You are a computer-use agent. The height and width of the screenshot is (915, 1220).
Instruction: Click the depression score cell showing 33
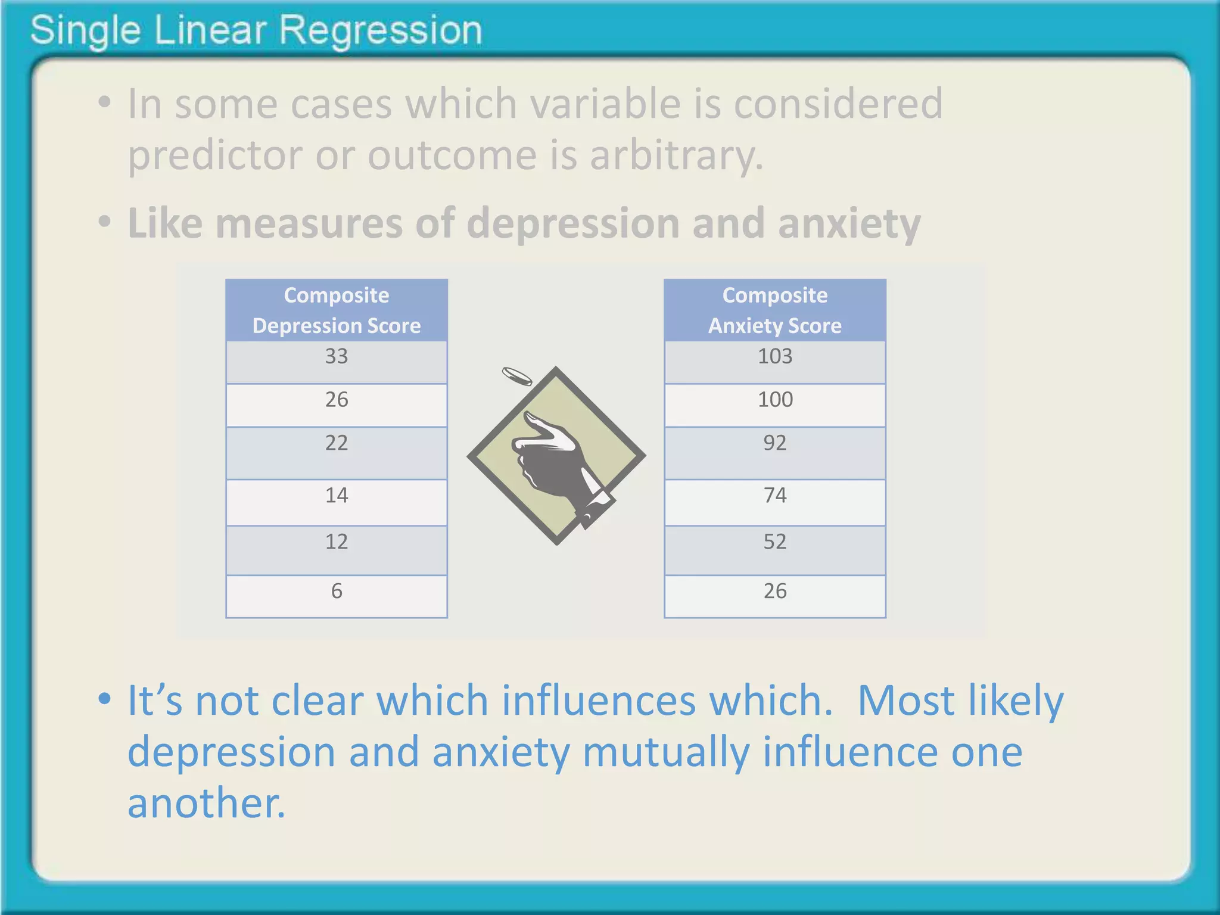(337, 362)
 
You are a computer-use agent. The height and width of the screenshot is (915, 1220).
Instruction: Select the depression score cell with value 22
(337, 452)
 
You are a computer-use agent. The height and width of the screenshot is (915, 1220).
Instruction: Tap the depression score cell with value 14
(337, 502)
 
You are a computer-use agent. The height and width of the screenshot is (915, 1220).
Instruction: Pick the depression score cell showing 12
(337, 549)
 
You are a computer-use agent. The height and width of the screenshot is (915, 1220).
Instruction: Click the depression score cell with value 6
(337, 596)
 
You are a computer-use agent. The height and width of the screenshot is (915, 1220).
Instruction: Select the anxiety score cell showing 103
(774, 362)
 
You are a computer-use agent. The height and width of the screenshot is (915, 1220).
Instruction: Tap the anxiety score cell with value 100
(774, 404)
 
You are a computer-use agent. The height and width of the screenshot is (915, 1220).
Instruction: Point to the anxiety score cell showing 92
(774, 452)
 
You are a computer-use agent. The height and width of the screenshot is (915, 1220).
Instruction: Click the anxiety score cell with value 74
(774, 502)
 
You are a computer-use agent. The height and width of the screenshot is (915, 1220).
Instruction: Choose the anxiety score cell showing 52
(774, 549)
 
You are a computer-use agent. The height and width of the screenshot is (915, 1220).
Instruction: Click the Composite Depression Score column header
(337, 310)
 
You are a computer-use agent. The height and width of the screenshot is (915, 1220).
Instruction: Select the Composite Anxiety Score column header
(774, 310)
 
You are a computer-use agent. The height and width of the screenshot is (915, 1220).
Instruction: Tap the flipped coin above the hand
(516, 376)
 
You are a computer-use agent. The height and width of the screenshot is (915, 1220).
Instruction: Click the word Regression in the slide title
(380, 30)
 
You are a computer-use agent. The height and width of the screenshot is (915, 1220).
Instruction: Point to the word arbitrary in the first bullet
(676, 155)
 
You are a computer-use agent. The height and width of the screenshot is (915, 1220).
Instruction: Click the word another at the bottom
(206, 803)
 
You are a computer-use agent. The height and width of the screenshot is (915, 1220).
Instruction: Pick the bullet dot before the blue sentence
(105, 698)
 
